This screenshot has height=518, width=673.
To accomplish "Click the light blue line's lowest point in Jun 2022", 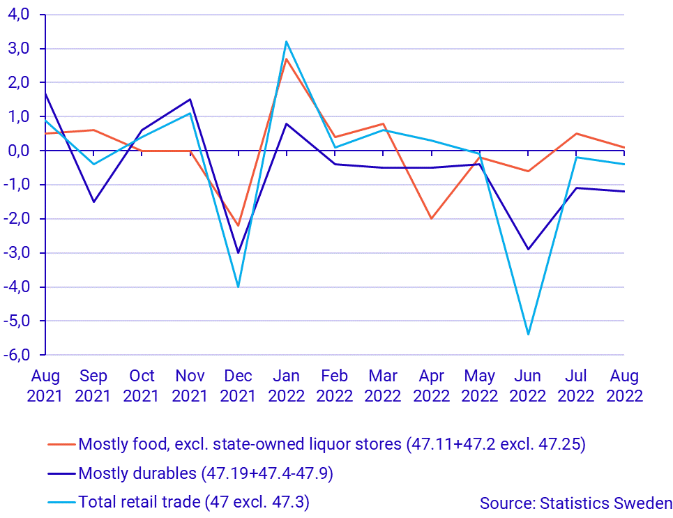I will coord(528,335).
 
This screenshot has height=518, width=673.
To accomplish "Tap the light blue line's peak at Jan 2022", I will coord(287,41).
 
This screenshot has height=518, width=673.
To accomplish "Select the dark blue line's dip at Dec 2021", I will coord(239,252).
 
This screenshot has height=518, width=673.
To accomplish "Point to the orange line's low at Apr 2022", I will coord(432,218).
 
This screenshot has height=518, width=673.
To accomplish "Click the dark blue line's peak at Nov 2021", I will coord(190,99).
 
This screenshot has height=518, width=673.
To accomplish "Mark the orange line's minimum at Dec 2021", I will coord(239,225).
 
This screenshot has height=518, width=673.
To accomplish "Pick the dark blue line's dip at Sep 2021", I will coord(93,201).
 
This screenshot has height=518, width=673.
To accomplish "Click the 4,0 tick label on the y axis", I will coord(19,15).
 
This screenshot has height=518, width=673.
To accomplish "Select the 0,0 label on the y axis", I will coord(19,151).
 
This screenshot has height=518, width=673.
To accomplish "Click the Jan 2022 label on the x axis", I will coord(287,386).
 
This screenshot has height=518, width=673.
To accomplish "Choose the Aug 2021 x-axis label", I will coord(45,386).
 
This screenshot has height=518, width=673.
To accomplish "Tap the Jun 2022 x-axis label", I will coord(528,386).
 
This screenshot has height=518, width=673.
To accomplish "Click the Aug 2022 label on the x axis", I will coord(624,386).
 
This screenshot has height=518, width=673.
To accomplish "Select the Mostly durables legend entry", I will coord(206,474).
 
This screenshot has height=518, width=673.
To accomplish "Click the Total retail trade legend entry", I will coord(193,501).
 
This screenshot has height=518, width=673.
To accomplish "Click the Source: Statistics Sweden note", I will coord(575,503).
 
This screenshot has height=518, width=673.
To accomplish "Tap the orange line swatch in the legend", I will coord(61,444).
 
